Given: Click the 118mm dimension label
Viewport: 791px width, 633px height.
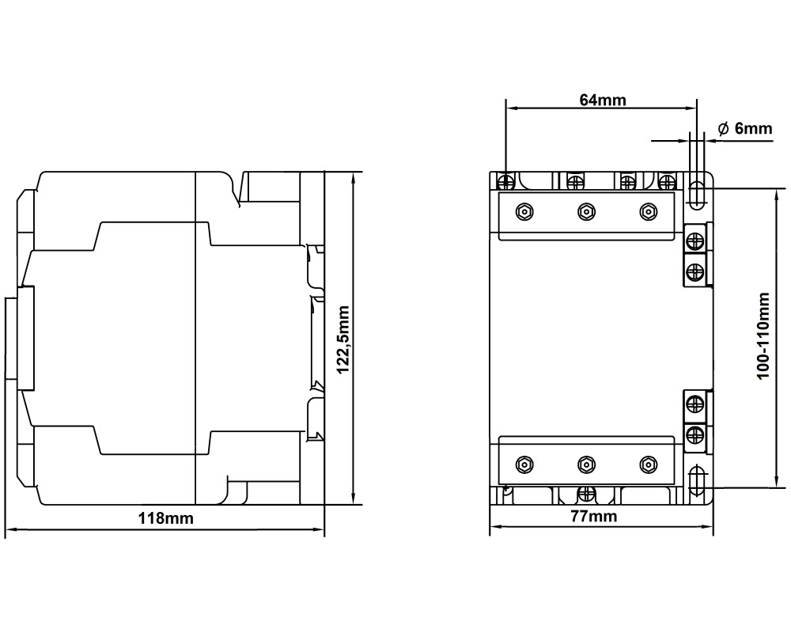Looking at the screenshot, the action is coord(165,518).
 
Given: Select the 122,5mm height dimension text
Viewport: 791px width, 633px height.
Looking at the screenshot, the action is coord(343,339).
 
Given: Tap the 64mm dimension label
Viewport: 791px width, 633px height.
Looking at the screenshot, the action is coord(602,100).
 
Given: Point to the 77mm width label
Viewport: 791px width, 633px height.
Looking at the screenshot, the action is coord(594,516).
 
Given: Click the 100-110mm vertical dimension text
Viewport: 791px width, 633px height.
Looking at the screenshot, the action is coord(764,335).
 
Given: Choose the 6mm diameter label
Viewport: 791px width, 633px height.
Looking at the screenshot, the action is coord(745,129).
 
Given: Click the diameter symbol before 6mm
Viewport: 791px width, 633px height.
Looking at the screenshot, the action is coord(724,129).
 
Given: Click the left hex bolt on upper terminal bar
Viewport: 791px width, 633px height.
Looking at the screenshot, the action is coord(525,211).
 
